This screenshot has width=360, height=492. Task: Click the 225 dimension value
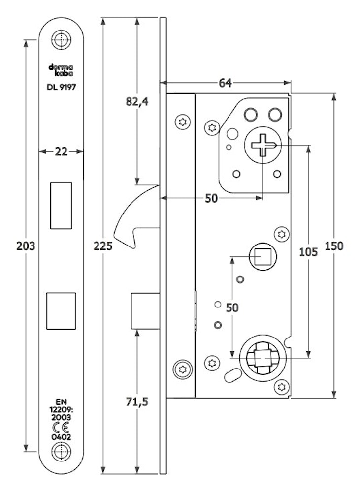pos(103,246)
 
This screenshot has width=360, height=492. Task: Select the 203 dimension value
pos(26,246)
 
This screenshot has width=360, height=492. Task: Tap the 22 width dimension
pos(61,152)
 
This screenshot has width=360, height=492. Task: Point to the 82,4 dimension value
pos(137,102)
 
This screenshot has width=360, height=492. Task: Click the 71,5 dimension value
pos(137,401)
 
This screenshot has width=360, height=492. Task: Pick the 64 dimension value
pos(225,83)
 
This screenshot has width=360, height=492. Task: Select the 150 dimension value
pos(334,246)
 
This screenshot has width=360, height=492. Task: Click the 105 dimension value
pos(308,251)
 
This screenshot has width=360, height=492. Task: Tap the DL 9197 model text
pos(61,87)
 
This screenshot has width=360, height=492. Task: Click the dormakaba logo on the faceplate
pos(61,70)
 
